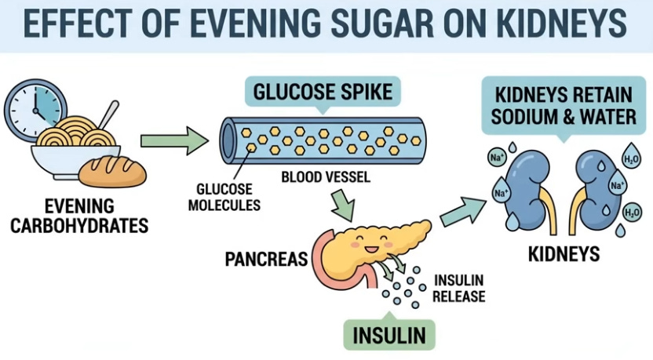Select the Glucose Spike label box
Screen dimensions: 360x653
tap(323, 93)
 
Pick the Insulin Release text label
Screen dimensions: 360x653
tap(459, 288)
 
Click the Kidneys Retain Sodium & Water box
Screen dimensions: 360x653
tap(564, 107)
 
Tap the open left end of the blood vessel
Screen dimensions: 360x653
tap(228, 137)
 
